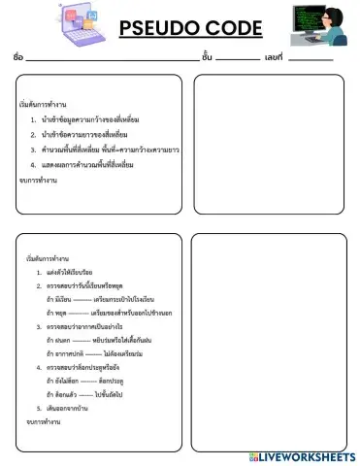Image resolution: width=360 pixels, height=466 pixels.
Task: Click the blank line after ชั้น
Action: pos(238,59)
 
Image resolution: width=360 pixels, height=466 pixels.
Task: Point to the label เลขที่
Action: pos(273,57)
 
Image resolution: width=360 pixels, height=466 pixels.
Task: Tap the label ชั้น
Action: pos(207,57)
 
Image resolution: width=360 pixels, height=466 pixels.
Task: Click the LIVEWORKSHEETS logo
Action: pos(302,455)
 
